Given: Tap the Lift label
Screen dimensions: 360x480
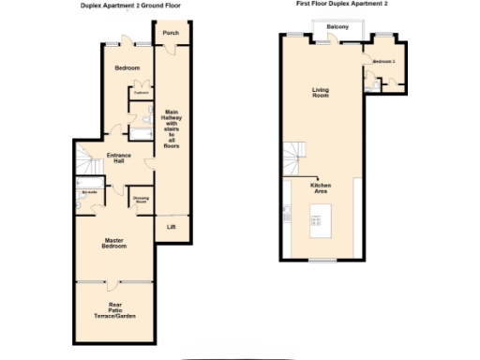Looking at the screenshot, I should [171, 227].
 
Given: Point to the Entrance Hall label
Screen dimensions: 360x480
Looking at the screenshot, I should [118, 157].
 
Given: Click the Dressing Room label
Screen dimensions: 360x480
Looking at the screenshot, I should [142, 200].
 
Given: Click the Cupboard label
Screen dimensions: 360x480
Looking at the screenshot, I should [142, 93].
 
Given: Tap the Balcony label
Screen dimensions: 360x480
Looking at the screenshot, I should [338, 26].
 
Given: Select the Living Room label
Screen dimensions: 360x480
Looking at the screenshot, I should [321, 93].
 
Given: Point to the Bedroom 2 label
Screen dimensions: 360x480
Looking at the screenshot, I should [383, 62].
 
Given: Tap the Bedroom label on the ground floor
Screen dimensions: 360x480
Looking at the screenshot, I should [127, 68].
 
